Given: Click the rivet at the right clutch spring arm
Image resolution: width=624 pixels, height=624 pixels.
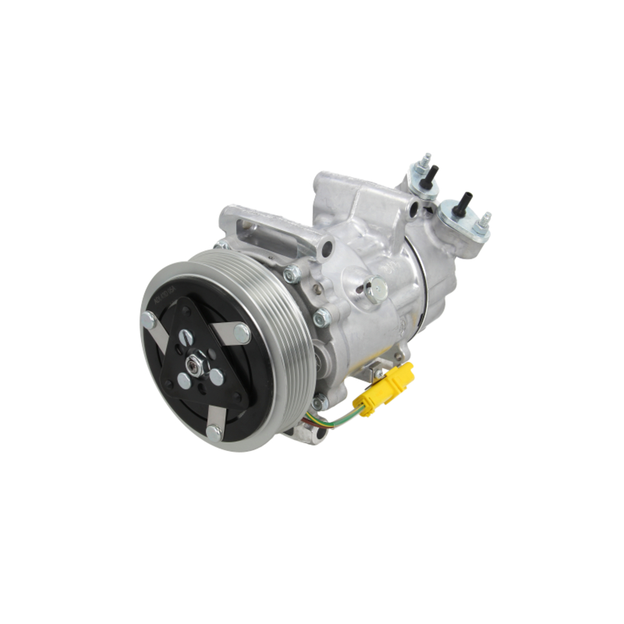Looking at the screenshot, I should coord(241,332).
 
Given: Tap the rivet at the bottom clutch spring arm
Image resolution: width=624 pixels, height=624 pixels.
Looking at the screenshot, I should coord(213,432).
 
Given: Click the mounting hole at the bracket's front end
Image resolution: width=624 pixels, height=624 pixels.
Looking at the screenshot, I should coord(322,251).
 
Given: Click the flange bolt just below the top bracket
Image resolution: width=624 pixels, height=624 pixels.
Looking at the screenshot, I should coord(292,274).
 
